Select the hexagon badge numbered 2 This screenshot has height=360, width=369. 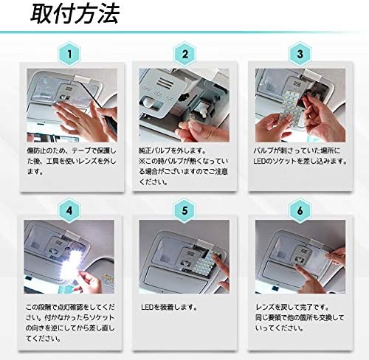[184, 55]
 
